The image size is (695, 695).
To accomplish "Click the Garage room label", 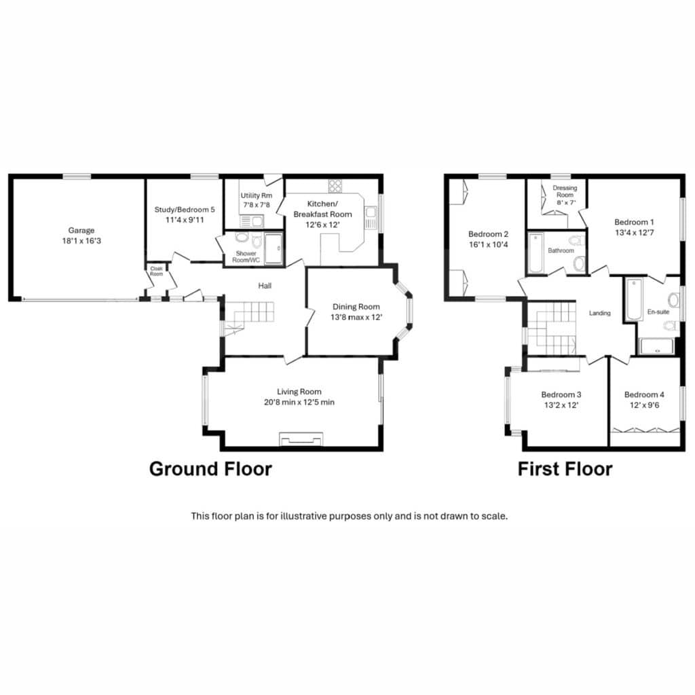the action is [81, 231].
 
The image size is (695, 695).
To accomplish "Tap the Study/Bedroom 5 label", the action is [185, 210].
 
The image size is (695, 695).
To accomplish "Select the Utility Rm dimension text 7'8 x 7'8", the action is [257, 205].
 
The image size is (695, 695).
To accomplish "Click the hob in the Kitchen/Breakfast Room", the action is [335, 185].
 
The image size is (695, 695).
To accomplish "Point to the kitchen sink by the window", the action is [370, 218].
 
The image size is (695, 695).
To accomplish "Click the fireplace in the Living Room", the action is [301, 439].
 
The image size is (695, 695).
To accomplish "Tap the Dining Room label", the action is [356, 307].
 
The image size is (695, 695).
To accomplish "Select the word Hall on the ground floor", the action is [265, 286].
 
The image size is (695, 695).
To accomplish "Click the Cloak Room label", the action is [157, 271].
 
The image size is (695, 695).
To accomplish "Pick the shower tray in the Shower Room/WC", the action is [274, 248].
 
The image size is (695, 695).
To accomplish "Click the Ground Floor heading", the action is [210, 469].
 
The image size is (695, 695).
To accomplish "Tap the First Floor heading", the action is [565, 469].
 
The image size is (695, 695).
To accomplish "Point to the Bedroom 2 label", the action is [489, 234].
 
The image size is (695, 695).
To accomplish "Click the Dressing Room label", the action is [565, 191].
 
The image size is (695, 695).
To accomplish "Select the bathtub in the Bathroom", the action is [536, 253].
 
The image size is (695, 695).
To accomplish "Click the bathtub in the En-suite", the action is [635, 299].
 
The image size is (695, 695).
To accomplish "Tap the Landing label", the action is [600, 314].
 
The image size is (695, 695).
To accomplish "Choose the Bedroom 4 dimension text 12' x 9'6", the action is [645, 405].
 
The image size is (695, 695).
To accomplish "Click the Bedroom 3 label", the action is [561, 394].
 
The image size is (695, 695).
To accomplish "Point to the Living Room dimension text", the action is [299, 402].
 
